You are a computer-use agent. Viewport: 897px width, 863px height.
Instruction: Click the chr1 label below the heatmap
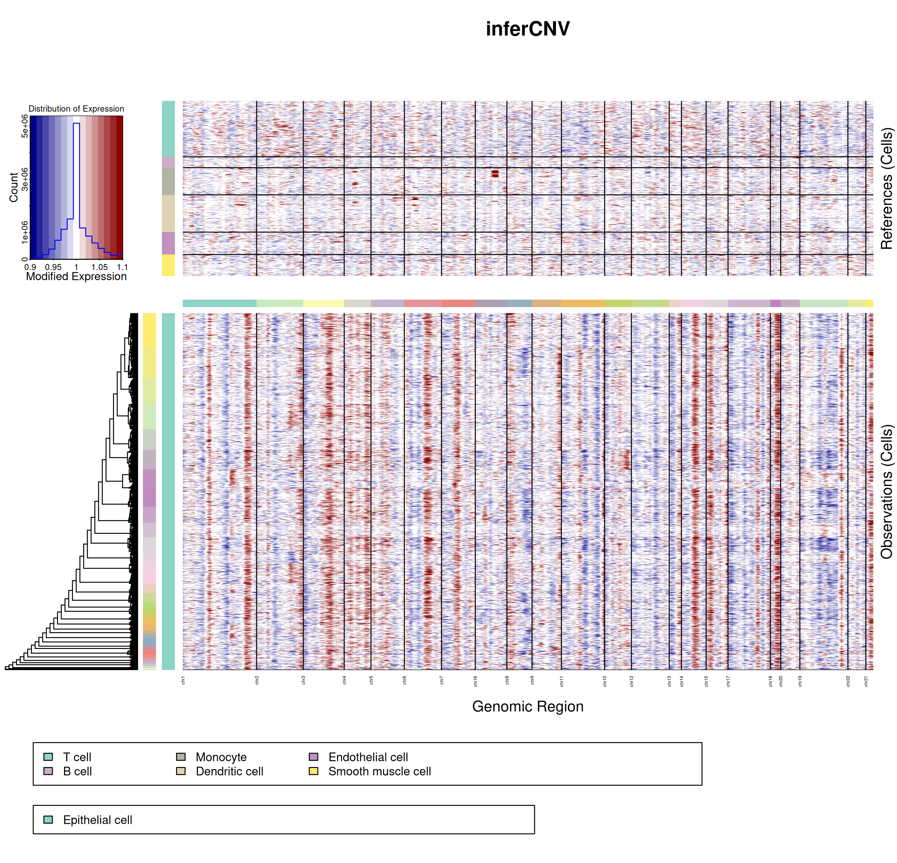[183, 680]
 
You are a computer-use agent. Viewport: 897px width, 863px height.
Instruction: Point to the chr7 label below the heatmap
[442, 680]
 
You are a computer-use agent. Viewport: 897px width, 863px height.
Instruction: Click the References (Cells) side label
[887, 188]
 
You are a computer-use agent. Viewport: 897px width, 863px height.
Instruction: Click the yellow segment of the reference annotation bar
[168, 266]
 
